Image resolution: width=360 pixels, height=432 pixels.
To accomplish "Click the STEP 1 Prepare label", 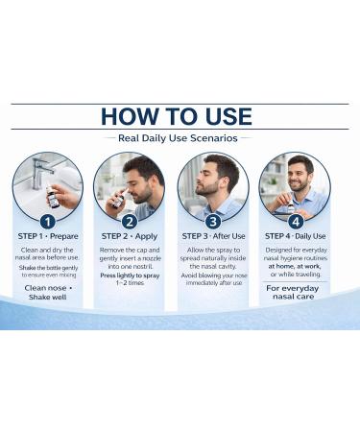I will click(48, 236).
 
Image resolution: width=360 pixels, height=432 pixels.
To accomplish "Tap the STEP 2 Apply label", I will click(130, 236).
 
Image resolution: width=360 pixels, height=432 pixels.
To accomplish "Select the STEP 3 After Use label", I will click(212, 236).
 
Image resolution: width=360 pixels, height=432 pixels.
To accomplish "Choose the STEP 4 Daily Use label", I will click(295, 236).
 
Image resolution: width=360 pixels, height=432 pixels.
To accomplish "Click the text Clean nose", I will click(46, 287).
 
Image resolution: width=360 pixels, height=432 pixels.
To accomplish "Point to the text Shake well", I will click(46, 298).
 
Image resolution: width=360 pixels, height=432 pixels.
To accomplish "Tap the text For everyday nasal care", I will click(295, 292).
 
